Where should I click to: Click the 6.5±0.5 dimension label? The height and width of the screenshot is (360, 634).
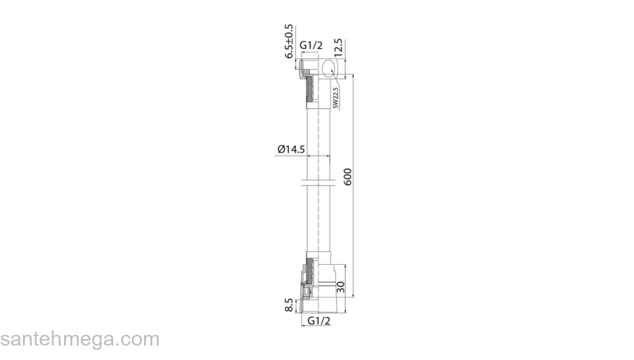289,41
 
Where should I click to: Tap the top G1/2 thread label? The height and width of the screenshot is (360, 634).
311,45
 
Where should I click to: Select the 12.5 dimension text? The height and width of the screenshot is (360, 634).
338,48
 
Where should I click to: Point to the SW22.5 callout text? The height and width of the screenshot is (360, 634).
335,98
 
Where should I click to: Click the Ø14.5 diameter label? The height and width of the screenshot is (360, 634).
291,149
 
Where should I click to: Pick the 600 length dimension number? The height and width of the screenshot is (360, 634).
348,176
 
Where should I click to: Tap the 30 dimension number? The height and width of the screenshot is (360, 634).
341,287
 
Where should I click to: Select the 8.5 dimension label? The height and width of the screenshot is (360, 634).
289,305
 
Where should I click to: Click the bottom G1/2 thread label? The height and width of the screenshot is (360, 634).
319,321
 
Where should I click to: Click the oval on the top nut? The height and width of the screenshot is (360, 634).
329,68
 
